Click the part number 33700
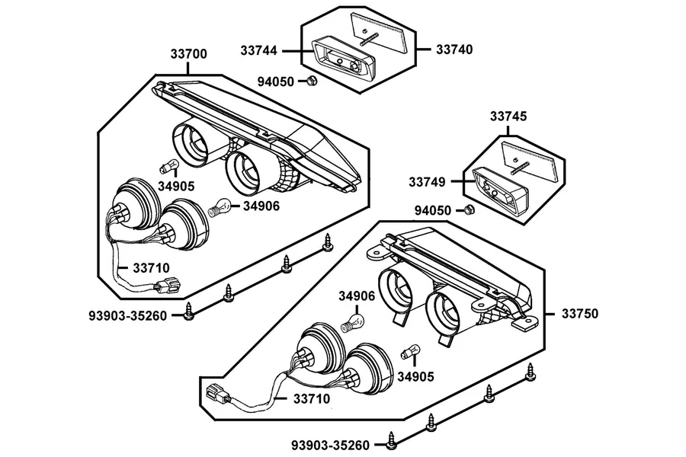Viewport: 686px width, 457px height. [188, 54]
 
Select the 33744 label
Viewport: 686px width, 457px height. [258, 51]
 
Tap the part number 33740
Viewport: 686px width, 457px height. [454, 50]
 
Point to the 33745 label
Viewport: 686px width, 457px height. [508, 117]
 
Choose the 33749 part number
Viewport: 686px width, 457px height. [427, 182]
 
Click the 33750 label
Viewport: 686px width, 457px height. [580, 314]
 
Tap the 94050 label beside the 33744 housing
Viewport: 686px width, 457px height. [276, 81]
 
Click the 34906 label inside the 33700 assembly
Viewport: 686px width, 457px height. [261, 206]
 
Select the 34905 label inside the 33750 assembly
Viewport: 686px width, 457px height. [415, 376]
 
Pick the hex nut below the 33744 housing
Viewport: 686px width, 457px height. [312, 81]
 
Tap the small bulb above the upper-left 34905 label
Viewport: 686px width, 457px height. [169, 167]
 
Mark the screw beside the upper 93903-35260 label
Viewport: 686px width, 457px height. [188, 312]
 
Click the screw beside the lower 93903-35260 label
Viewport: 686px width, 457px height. [392, 441]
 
